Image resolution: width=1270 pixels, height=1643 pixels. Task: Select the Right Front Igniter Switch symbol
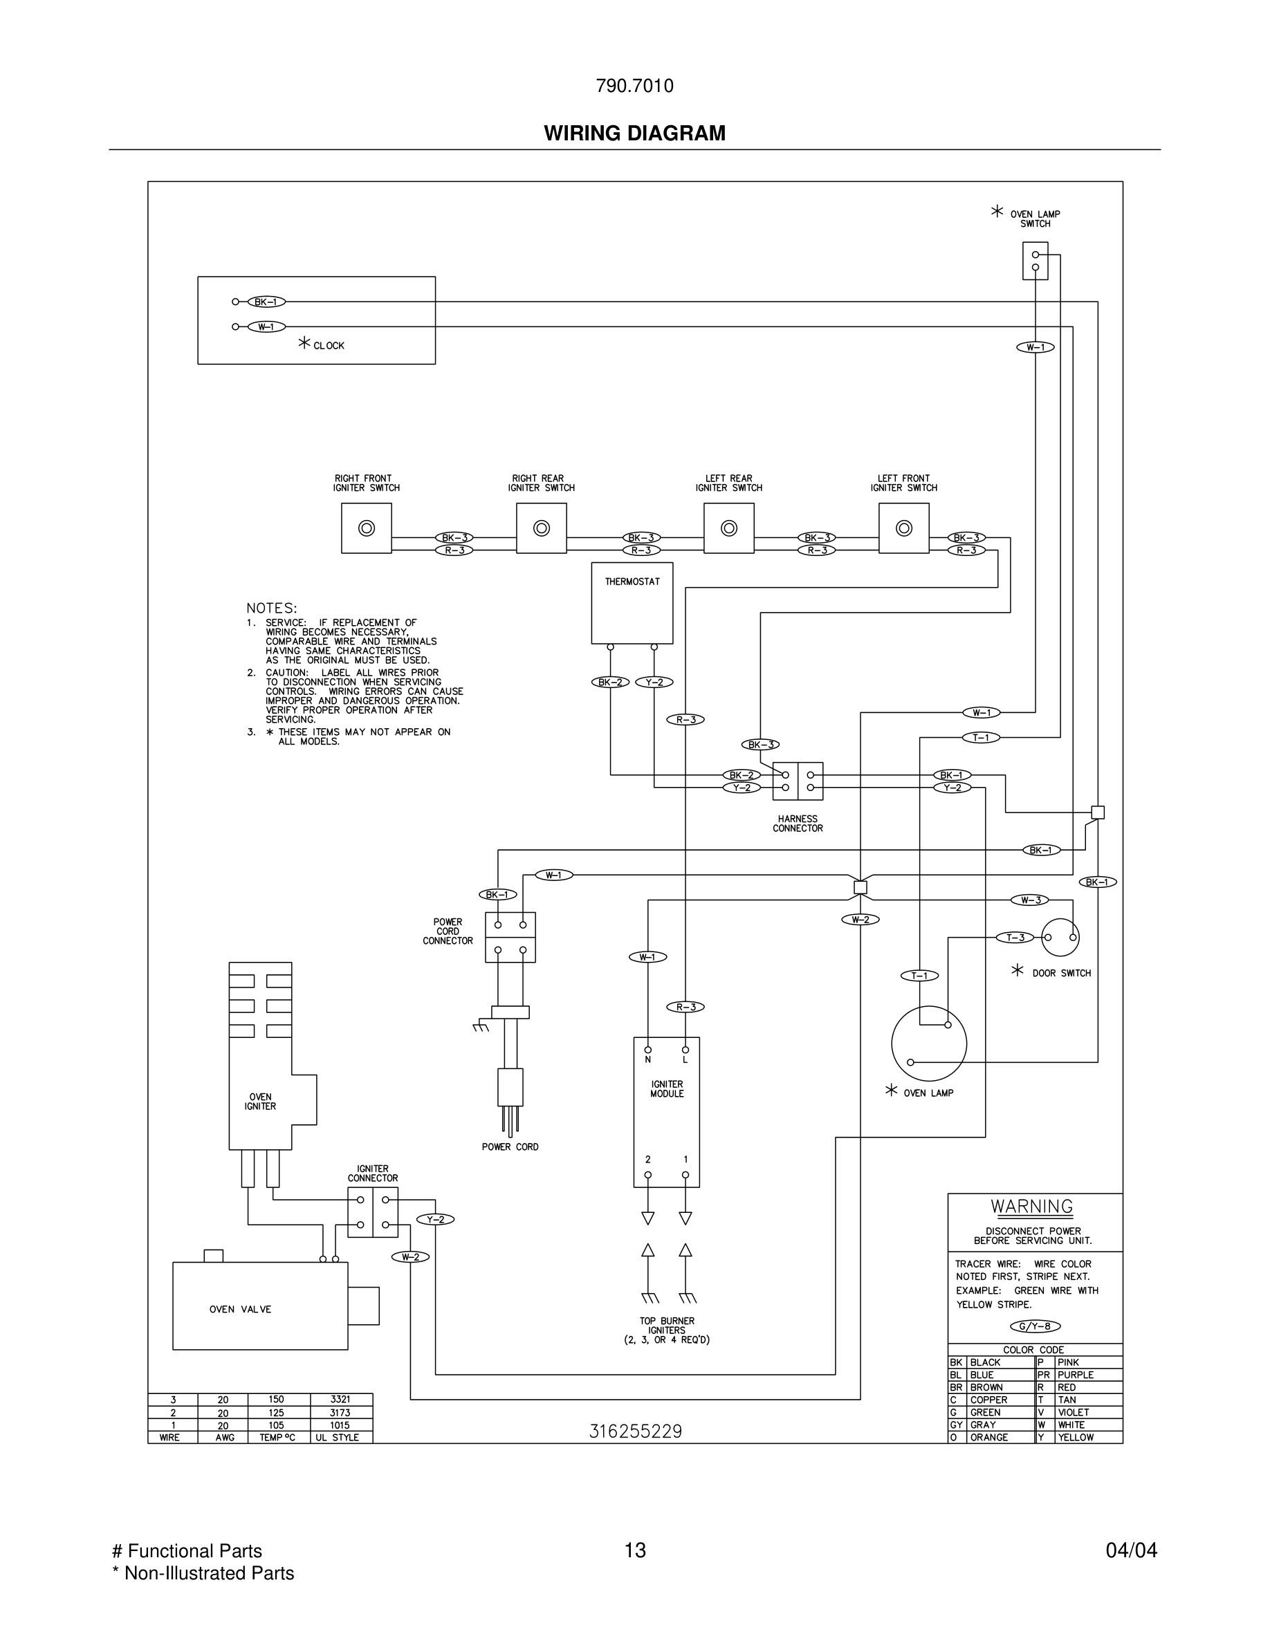click(367, 528)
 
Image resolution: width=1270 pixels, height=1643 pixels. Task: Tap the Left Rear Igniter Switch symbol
click(728, 528)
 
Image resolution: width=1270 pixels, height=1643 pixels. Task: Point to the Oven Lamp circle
click(928, 1043)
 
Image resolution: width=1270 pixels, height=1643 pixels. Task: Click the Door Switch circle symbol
click(1060, 938)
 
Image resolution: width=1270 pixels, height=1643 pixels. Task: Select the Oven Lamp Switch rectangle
click(1036, 260)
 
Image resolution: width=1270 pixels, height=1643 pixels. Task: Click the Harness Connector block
click(798, 781)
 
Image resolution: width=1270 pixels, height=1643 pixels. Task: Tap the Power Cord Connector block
click(510, 938)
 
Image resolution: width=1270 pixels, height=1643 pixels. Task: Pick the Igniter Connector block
click(372, 1212)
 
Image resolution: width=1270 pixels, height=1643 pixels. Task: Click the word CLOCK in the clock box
click(329, 346)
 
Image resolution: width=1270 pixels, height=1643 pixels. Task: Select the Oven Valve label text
click(240, 1309)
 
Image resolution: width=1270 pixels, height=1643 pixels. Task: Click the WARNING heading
click(1031, 1207)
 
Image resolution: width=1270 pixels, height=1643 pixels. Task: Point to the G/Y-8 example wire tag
click(1035, 1326)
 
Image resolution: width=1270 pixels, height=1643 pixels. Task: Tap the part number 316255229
click(635, 1431)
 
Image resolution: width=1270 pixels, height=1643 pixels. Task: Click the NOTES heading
click(272, 608)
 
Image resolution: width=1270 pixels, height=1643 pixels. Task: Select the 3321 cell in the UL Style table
click(340, 1400)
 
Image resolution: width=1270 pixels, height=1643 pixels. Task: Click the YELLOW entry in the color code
click(1075, 1437)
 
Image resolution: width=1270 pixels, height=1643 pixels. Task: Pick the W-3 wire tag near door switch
click(1030, 900)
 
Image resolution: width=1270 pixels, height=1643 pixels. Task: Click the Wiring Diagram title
click(634, 133)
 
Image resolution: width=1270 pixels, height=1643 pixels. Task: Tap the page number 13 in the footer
click(635, 1550)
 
